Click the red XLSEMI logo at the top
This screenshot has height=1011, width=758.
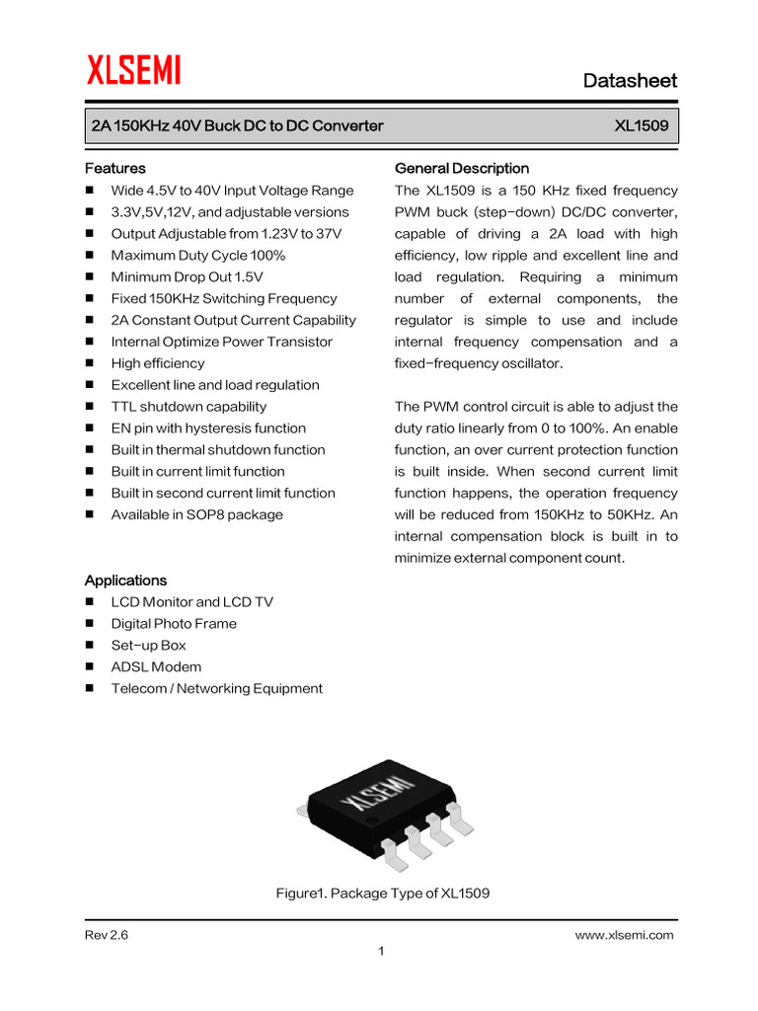click(133, 71)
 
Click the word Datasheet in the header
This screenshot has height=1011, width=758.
click(630, 80)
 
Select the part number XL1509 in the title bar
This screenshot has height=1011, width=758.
click(641, 126)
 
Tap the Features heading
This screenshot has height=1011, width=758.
click(115, 169)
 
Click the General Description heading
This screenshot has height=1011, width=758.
click(461, 169)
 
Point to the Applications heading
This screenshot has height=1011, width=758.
click(125, 581)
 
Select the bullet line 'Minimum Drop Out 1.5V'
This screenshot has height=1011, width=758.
click(187, 277)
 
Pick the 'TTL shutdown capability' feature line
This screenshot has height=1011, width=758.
click(189, 407)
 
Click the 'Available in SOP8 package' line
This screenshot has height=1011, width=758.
click(196, 514)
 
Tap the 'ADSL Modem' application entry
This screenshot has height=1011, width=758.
click(156, 667)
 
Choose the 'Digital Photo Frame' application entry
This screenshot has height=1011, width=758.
click(174, 624)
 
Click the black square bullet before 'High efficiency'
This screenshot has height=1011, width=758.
click(91, 364)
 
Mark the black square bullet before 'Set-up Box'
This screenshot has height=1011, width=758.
click(91, 646)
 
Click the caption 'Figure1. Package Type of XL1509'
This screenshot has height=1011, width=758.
click(382, 894)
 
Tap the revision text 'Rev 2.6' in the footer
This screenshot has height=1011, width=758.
click(107, 936)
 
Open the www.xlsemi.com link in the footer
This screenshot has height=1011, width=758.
click(624, 936)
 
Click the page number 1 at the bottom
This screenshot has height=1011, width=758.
click(380, 952)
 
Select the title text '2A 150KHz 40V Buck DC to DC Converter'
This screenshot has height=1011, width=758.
click(237, 126)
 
